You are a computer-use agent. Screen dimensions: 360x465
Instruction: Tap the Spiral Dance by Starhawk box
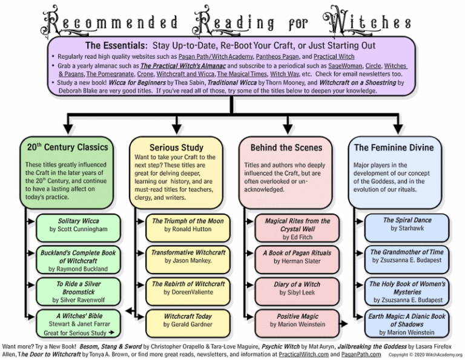(x=407, y=224)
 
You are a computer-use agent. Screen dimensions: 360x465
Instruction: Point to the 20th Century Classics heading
(x=67, y=147)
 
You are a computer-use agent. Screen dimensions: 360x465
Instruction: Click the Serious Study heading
(x=176, y=147)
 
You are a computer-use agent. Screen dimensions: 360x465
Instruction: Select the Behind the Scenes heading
(x=286, y=147)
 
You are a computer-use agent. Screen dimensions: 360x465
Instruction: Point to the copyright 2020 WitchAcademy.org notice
(x=426, y=355)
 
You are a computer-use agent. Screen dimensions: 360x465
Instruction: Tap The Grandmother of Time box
(x=407, y=256)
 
